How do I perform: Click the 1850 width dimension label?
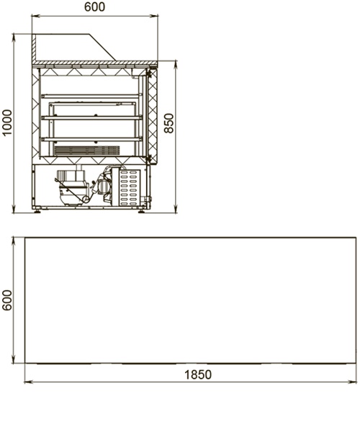198,374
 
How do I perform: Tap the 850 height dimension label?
169,123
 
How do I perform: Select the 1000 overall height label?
7,122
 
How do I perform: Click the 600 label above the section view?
94,7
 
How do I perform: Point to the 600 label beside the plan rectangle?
7,300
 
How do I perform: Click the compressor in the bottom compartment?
73,187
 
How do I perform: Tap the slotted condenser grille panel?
130,187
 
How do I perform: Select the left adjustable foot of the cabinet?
37,212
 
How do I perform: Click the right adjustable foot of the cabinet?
141,212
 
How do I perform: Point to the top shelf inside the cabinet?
91,96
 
